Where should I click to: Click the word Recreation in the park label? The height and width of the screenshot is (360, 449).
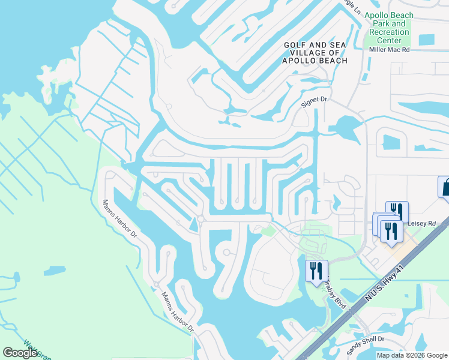tap(390, 32)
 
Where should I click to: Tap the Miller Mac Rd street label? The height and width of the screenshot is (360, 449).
tap(389, 50)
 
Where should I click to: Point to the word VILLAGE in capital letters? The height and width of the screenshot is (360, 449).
tap(301, 53)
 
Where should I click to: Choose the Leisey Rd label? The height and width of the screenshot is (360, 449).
tap(421, 223)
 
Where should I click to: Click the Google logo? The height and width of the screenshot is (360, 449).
tap(20, 353)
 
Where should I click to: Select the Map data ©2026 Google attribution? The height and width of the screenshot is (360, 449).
tap(412, 355)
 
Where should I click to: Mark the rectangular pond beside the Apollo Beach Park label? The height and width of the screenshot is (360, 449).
tap(426, 40)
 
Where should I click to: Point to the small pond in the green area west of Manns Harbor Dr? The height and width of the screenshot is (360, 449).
tap(55, 271)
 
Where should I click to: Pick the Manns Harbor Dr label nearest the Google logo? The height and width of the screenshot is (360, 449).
tap(178, 313)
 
